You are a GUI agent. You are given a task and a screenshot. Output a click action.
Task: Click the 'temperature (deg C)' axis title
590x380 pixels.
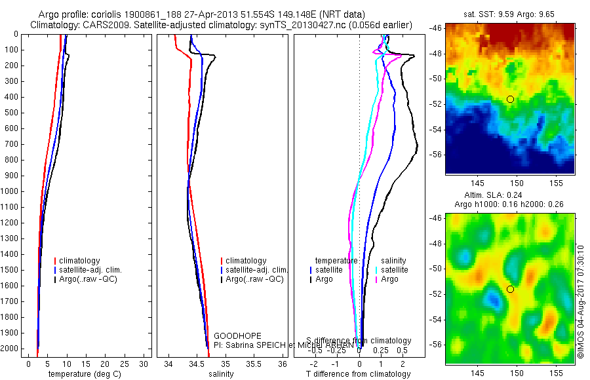click(83, 374)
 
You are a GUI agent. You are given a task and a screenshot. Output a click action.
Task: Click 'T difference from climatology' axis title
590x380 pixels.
click(358, 374)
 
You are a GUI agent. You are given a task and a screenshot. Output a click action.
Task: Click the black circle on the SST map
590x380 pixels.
click(510, 99)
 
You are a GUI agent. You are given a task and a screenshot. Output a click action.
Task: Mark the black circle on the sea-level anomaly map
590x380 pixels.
click(510, 289)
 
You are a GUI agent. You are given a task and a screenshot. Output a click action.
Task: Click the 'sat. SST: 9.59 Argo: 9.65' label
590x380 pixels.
click(509, 14)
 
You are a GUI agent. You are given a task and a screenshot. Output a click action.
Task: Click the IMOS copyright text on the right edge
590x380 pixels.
click(581, 301)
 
